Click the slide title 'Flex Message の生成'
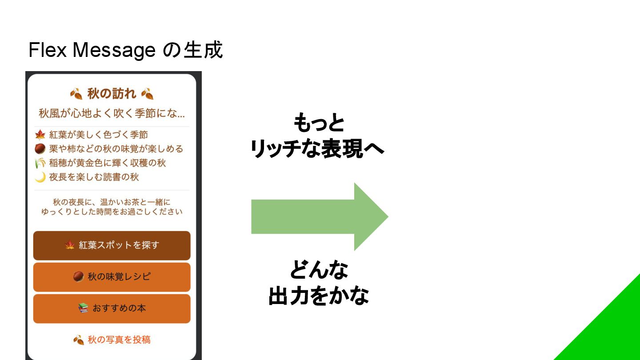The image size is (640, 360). (x=125, y=50)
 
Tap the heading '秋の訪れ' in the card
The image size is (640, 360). (x=112, y=94)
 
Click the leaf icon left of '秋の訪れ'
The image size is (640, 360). (x=76, y=94)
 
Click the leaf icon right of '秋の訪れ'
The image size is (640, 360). (x=147, y=94)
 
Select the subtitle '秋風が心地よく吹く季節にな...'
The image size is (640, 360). (x=112, y=113)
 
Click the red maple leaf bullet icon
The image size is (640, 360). (x=40, y=135)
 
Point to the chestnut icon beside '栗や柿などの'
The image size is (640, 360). (x=40, y=149)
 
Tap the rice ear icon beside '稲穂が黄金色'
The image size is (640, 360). (x=40, y=163)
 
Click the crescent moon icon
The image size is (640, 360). (x=40, y=177)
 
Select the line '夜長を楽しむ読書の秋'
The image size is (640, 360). (x=94, y=177)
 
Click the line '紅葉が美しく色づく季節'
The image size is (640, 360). (x=98, y=135)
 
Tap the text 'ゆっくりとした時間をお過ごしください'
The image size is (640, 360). (x=112, y=212)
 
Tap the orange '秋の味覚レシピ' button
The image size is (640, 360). (x=112, y=277)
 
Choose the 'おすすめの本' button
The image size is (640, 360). (x=112, y=308)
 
